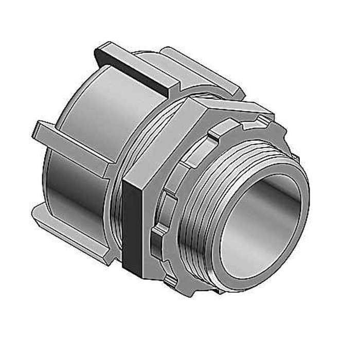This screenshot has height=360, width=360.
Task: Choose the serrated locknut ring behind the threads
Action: (165, 226)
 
